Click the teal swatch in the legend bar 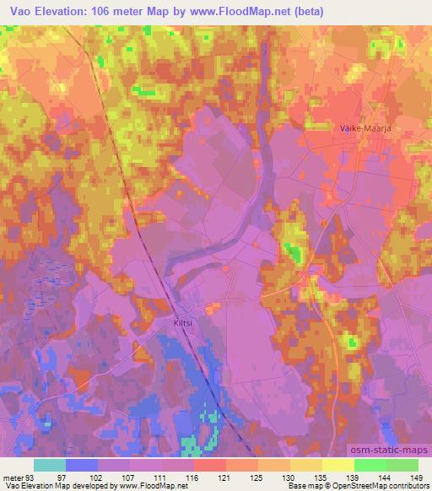coord(50,465)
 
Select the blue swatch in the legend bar coord(82,465)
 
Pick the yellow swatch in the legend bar coord(338,465)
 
